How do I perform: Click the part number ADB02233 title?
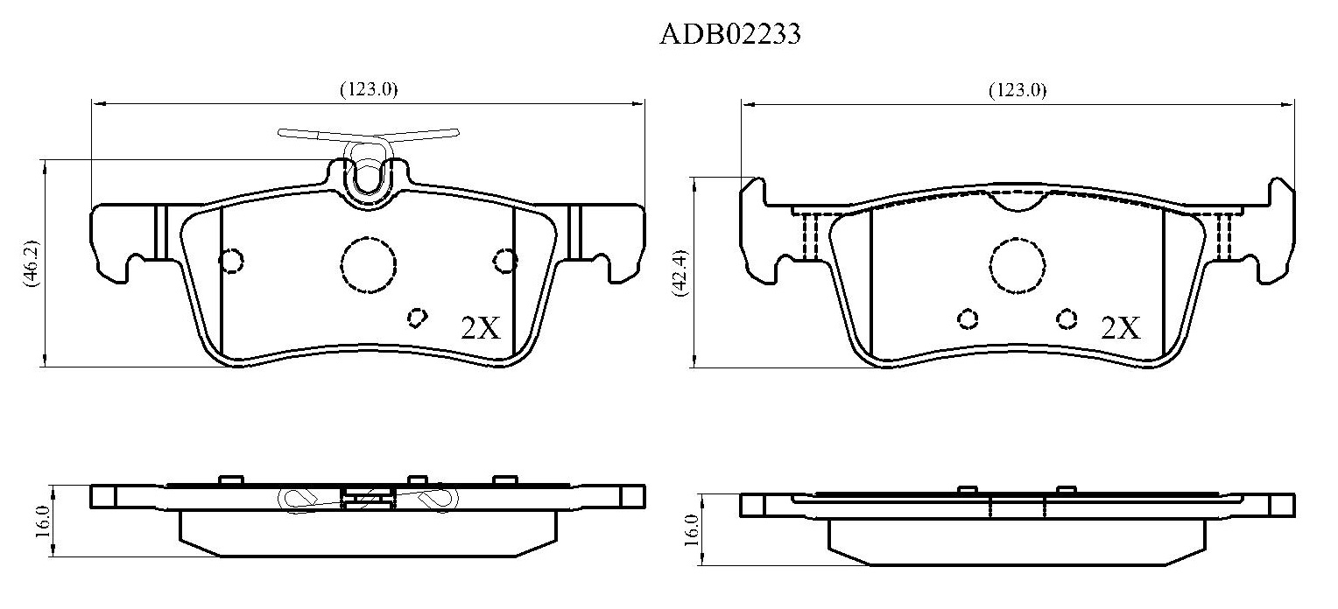pos(730,35)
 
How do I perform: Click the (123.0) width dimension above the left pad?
pos(369,89)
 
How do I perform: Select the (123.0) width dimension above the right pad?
pos(1018,90)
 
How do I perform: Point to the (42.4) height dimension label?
pos(680,273)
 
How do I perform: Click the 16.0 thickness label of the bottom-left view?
pos(42,521)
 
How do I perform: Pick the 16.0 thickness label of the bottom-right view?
pos(691,530)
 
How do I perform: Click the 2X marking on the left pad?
pos(480,328)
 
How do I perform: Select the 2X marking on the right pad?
pos(1121,328)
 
